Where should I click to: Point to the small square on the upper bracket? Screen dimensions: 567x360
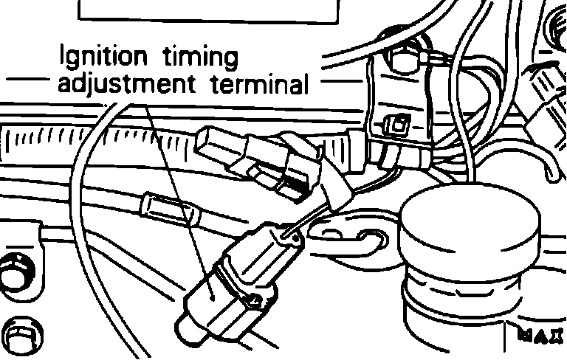pyautogui.click(x=399, y=125)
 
